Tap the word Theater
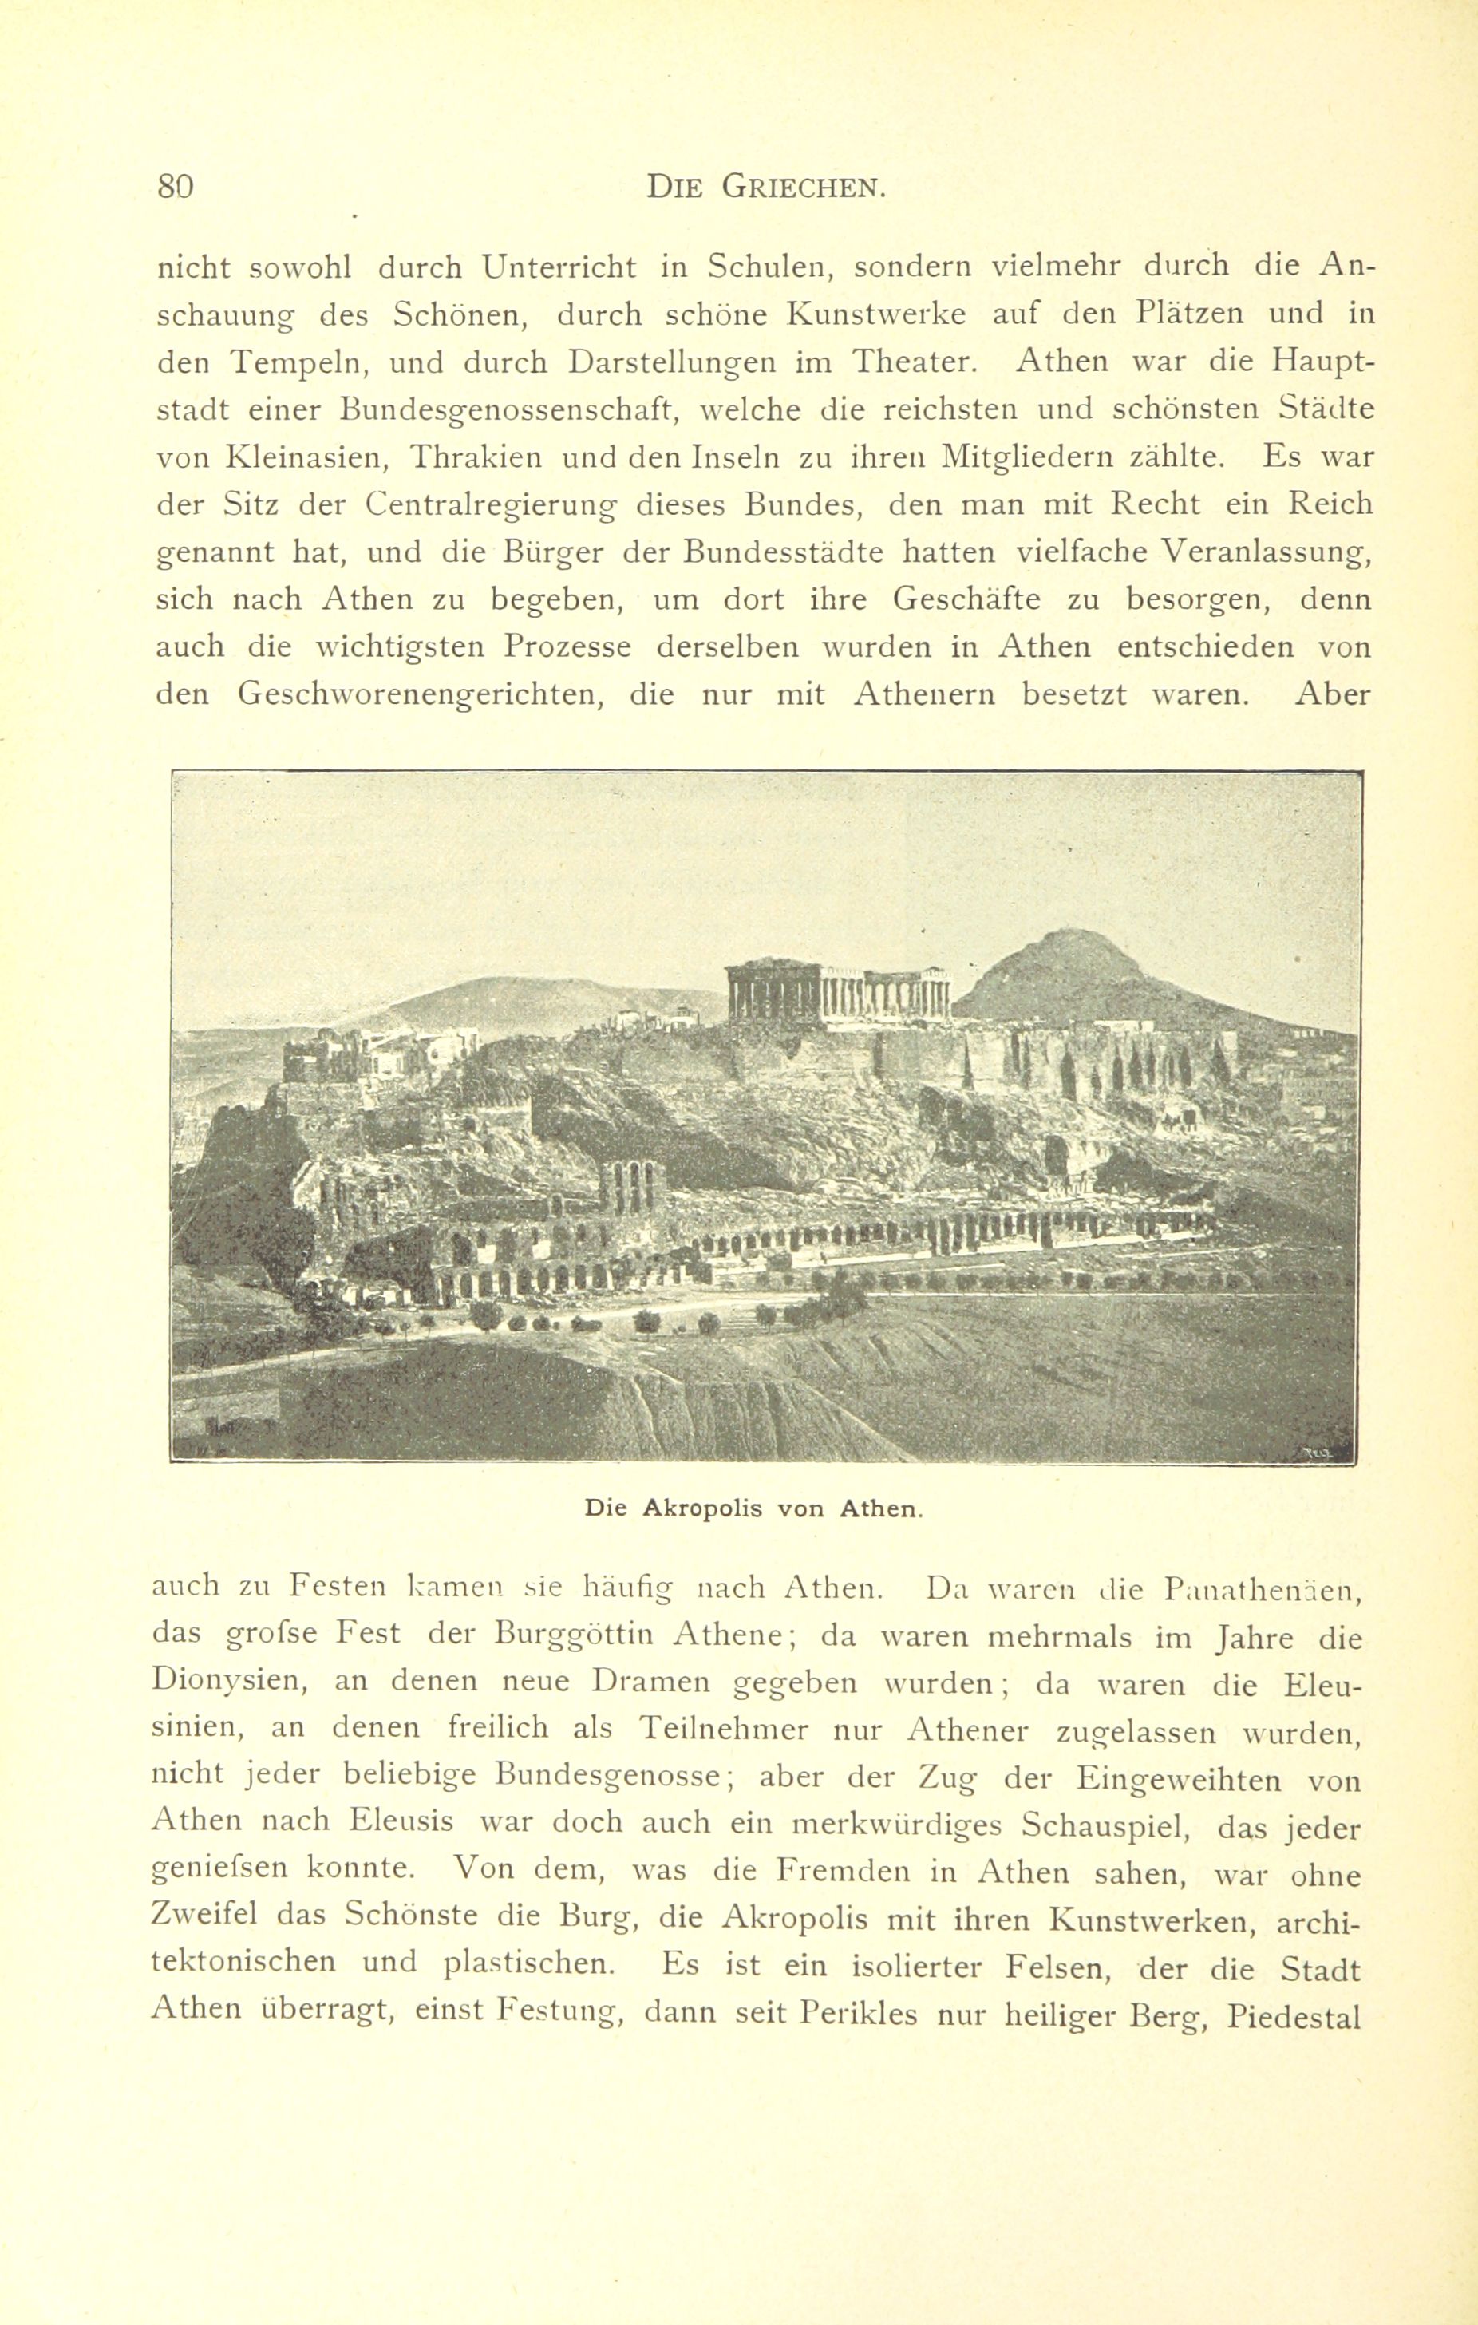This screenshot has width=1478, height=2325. (x=915, y=362)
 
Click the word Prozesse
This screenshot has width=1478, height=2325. (x=567, y=647)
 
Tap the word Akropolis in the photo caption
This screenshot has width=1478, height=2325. (x=704, y=1507)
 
